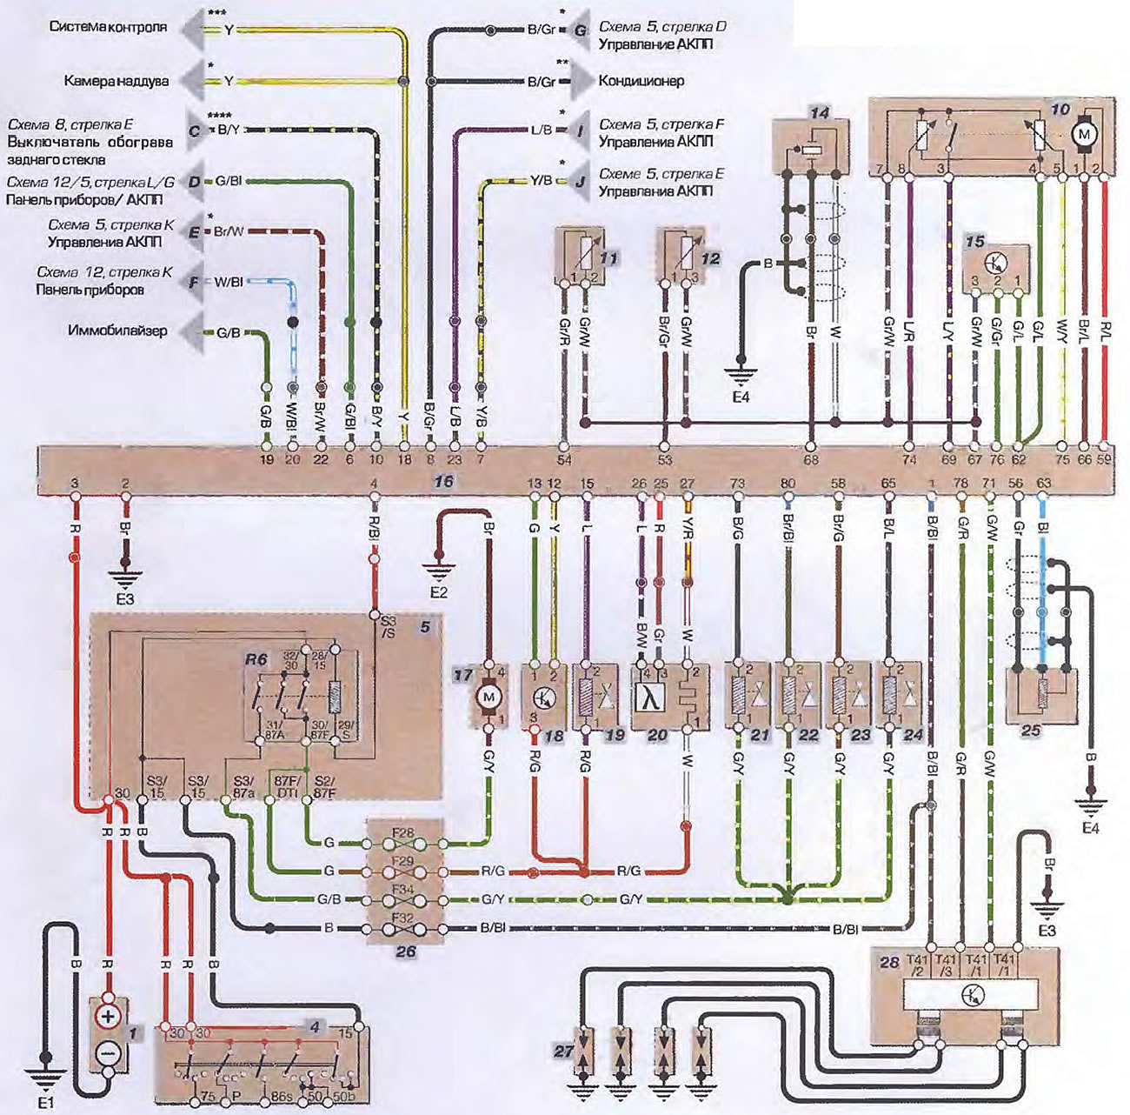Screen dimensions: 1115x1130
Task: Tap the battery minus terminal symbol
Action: pyautogui.click(x=108, y=1053)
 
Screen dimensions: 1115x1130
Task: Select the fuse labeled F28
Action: pyautogui.click(x=403, y=833)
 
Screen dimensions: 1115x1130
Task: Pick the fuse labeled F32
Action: pyautogui.click(x=403, y=917)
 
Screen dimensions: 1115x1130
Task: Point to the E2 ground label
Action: pyautogui.click(x=437, y=593)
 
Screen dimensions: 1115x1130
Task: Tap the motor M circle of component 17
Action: pyautogui.click(x=489, y=696)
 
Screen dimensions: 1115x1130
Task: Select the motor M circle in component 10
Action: pyautogui.click(x=1083, y=135)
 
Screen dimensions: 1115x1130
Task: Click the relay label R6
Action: pyautogui.click(x=255, y=660)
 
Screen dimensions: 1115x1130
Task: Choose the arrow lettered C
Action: pyautogui.click(x=196, y=130)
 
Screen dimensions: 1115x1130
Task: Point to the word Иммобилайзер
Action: pyautogui.click(x=118, y=330)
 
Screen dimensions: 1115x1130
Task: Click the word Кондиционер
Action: pyautogui.click(x=641, y=81)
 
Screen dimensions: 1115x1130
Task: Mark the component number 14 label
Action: pyautogui.click(x=819, y=112)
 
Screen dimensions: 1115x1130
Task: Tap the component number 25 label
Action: pyautogui.click(x=1030, y=731)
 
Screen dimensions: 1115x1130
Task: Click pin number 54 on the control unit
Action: pyautogui.click(x=565, y=459)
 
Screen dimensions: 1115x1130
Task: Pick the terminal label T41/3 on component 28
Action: pyautogui.click(x=947, y=965)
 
